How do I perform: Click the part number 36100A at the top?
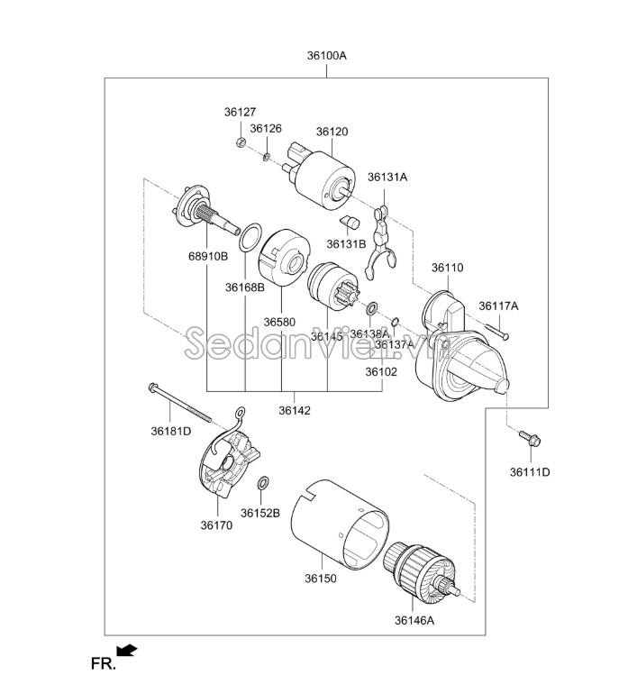pyautogui.click(x=326, y=55)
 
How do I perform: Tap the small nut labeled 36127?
pyautogui.click(x=240, y=143)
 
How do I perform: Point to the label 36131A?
pyautogui.click(x=387, y=177)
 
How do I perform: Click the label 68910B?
pyautogui.click(x=208, y=257)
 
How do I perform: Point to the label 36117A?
pyautogui.click(x=498, y=306)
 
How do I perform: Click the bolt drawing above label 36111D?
pyautogui.click(x=529, y=441)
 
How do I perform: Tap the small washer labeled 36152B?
pyautogui.click(x=262, y=485)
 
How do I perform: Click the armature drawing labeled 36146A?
pyautogui.click(x=419, y=571)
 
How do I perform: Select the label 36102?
pyautogui.click(x=380, y=370)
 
